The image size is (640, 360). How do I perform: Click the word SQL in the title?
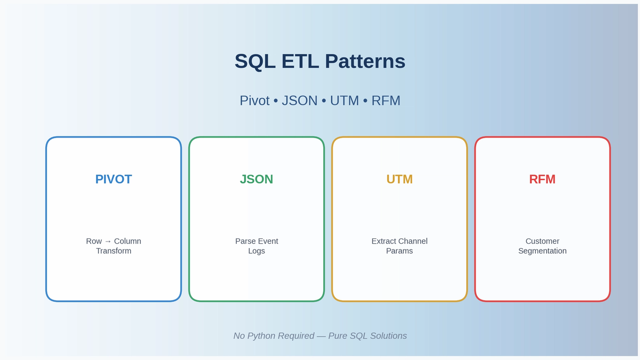[x=254, y=61]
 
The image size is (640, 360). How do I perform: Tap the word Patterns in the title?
[x=364, y=61]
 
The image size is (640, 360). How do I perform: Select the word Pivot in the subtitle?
[x=254, y=100]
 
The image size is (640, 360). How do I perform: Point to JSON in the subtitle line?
[x=299, y=100]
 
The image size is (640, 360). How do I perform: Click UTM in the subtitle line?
[x=344, y=100]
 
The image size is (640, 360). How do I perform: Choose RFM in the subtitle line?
[x=386, y=100]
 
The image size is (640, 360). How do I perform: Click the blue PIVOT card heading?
[x=114, y=179]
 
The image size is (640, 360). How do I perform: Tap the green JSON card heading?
[x=257, y=179]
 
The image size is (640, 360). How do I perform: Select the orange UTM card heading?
[x=399, y=179]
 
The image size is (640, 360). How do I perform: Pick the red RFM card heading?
[x=542, y=179]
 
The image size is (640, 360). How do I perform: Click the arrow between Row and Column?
[x=108, y=242]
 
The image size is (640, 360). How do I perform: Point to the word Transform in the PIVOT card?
[x=114, y=251]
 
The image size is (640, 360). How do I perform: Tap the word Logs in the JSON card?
[x=257, y=251]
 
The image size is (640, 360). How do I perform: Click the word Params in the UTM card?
[x=399, y=251]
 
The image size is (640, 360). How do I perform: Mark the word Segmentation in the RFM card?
[x=542, y=251]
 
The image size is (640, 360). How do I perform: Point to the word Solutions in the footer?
[x=387, y=336]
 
